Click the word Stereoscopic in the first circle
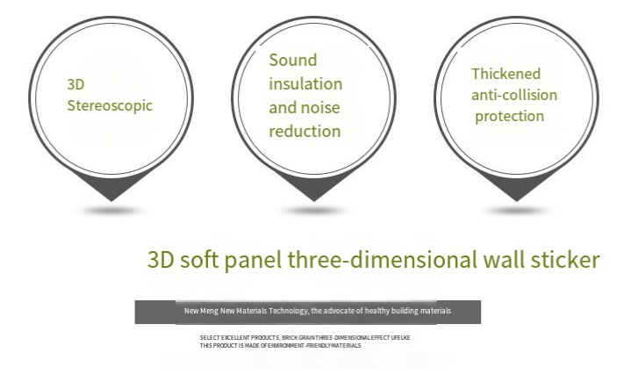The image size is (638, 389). [x=110, y=106]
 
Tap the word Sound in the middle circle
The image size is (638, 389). [x=293, y=61]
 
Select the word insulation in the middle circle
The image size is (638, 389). [x=305, y=84]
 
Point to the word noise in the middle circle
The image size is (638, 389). [x=320, y=107]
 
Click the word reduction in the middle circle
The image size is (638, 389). [x=305, y=131]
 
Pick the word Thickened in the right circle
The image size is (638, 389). [x=506, y=74]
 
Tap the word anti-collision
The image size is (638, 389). [x=514, y=95]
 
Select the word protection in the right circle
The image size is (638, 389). [x=509, y=116]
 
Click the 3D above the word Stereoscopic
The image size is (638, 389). [x=75, y=84]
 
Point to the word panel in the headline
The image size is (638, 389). [x=253, y=260]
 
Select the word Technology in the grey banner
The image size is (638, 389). [x=288, y=311]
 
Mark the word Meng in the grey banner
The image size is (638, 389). [x=209, y=311]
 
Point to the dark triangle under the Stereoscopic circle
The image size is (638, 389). [x=111, y=186]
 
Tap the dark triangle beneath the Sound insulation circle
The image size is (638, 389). [x=313, y=186]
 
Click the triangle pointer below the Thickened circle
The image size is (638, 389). [x=517, y=186]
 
